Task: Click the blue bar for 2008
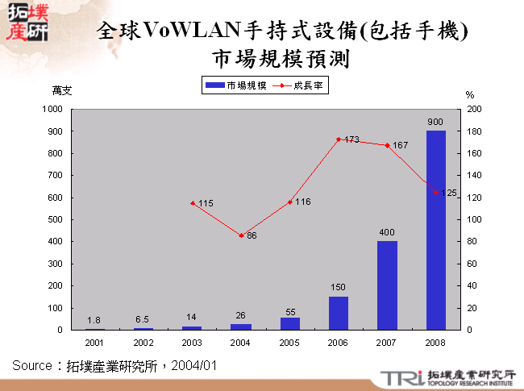(x=435, y=230)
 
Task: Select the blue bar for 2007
(x=387, y=285)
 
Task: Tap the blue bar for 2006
(x=339, y=313)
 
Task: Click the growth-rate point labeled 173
(x=339, y=139)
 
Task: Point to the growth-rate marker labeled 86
(x=241, y=235)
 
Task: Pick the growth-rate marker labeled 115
(x=193, y=203)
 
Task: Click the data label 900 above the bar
(x=435, y=123)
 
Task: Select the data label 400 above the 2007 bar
(x=387, y=233)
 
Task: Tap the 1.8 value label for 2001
(x=94, y=320)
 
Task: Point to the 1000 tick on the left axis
(x=52, y=109)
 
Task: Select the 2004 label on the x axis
(x=241, y=343)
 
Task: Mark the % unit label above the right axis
(x=470, y=94)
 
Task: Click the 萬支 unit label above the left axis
(x=62, y=91)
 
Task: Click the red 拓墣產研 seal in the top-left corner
(x=26, y=22)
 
